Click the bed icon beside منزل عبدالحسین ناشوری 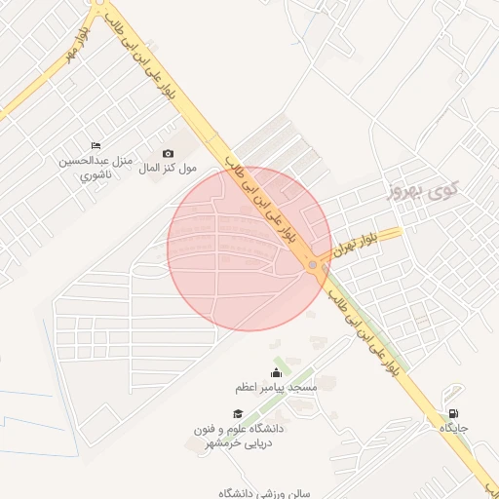(x=95, y=145)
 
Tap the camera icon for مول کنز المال (x=168, y=153)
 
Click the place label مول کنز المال (x=168, y=169)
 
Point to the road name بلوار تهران (x=354, y=245)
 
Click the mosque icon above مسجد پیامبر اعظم (x=275, y=372)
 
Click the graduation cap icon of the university (x=237, y=413)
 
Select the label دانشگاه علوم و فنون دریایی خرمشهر (x=241, y=436)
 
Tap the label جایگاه (x=454, y=428)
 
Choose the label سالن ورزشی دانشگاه (x=264, y=492)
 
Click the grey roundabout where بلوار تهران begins (x=313, y=265)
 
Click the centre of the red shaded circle (x=249, y=249)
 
